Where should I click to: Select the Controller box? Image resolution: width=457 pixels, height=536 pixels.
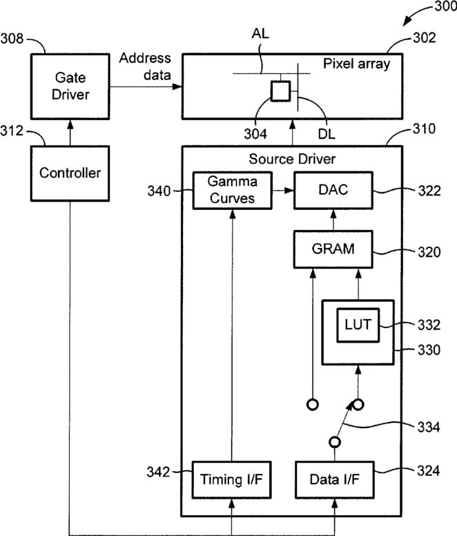(70, 172)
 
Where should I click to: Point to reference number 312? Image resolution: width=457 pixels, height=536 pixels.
(16, 130)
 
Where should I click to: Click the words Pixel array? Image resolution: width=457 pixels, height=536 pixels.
(356, 64)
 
